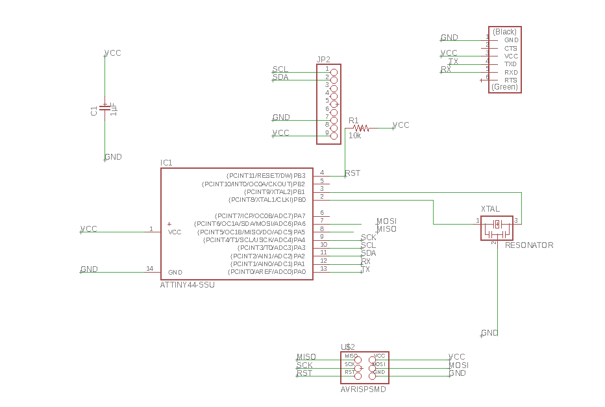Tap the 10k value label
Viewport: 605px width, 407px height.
(x=355, y=136)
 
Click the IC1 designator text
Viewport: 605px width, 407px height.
(x=167, y=162)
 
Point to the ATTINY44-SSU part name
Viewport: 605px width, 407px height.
(x=187, y=285)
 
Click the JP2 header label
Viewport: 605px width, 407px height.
(x=323, y=59)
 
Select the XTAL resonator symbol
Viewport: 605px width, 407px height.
(x=497, y=225)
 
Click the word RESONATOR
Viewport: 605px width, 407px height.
(x=529, y=245)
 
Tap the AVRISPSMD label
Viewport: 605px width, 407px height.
(x=364, y=389)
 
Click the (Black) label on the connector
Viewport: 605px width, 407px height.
(x=504, y=32)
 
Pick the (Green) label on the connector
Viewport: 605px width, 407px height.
(x=504, y=87)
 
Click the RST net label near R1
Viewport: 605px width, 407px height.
(x=352, y=173)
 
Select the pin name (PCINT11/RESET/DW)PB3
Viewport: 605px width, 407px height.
(x=265, y=176)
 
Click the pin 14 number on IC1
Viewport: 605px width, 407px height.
(x=149, y=268)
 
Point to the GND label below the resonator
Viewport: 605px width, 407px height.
(x=490, y=333)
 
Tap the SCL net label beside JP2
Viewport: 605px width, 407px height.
(x=280, y=69)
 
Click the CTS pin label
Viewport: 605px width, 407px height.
(x=511, y=48)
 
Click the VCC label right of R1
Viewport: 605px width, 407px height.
(x=401, y=125)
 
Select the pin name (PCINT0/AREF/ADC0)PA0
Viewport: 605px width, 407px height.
(x=266, y=271)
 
